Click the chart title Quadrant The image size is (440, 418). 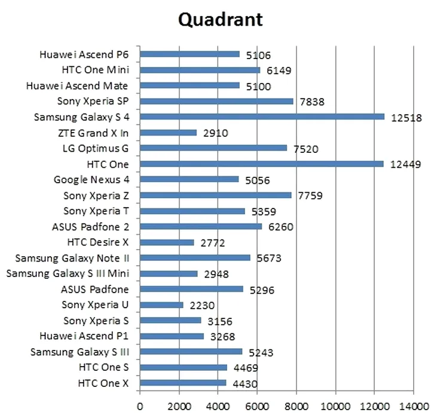pyautogui.click(x=220, y=20)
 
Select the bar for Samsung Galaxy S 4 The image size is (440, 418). pyautogui.click(x=262, y=117)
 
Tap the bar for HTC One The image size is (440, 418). pyautogui.click(x=261, y=164)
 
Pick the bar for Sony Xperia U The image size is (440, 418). pyautogui.click(x=161, y=305)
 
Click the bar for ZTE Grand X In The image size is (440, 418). pyautogui.click(x=168, y=133)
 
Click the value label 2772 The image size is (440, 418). pyautogui.click(x=212, y=243)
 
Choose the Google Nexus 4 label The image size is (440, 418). pyautogui.click(x=91, y=179)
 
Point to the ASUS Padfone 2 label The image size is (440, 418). pyautogui.click(x=91, y=226)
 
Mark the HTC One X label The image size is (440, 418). pyautogui.click(x=103, y=383)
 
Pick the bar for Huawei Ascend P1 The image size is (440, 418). pyautogui.click(x=172, y=336)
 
